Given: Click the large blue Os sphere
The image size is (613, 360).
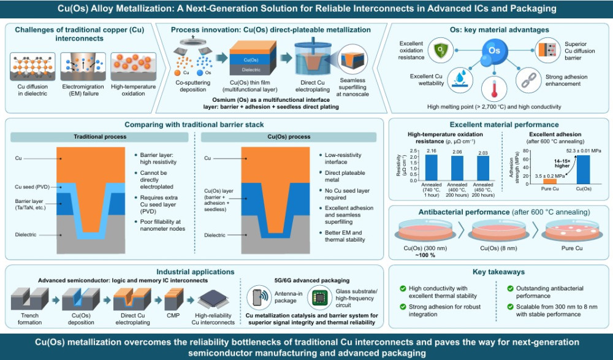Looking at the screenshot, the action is click(x=494, y=50).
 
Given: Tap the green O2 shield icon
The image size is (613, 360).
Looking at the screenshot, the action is click(x=440, y=50).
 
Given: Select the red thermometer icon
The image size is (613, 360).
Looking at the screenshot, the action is click(x=494, y=88).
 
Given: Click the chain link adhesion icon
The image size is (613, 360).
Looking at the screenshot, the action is click(x=528, y=80).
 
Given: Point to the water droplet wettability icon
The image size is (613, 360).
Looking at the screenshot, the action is click(x=460, y=80).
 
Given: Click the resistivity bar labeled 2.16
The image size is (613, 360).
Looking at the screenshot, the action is click(x=431, y=167).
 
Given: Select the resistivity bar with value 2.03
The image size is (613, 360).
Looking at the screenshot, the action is click(x=483, y=168).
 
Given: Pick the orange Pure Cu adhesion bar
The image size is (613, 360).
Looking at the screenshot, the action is click(x=550, y=181).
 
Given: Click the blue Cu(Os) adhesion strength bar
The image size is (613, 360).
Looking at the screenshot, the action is click(x=584, y=169).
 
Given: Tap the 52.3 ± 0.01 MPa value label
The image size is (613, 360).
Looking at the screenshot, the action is click(x=584, y=151).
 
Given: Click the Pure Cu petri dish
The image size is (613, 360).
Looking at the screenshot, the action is click(x=572, y=231).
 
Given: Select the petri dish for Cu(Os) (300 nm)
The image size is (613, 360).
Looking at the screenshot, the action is click(x=425, y=231).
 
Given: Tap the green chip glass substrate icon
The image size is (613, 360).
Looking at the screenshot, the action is click(x=319, y=297).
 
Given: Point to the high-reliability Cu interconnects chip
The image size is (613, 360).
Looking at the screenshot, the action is click(x=213, y=300).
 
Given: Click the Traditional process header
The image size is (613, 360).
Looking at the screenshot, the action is click(x=100, y=137).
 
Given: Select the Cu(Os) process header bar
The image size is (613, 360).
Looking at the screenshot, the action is click(x=289, y=137).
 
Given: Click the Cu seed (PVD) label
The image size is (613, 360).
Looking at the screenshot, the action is click(x=32, y=187).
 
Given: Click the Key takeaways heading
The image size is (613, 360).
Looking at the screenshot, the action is click(x=498, y=272).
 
